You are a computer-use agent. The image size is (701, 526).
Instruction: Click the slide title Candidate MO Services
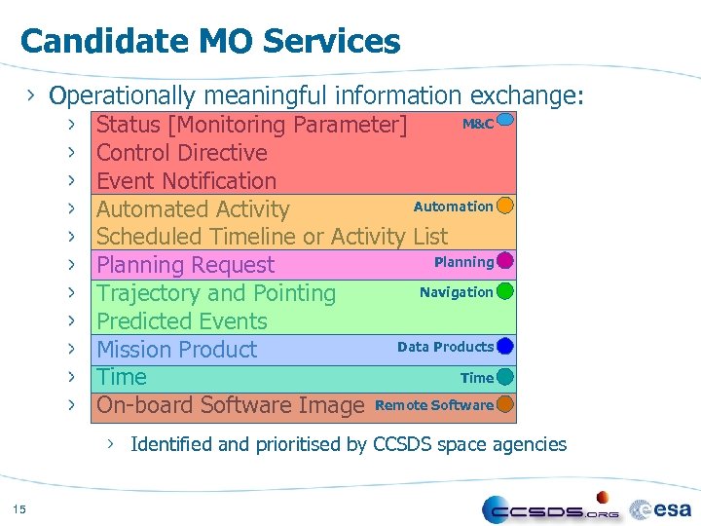click(x=209, y=41)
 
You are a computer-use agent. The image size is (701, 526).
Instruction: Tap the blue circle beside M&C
click(x=504, y=123)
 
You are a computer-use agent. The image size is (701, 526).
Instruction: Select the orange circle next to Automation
click(x=504, y=206)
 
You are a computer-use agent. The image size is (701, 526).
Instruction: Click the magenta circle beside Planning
click(x=504, y=261)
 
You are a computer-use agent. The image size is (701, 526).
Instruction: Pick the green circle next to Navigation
click(x=504, y=291)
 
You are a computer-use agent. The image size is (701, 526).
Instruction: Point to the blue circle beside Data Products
click(x=504, y=346)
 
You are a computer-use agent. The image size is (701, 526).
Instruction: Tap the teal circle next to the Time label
click(x=504, y=377)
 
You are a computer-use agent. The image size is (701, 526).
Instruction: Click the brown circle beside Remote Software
click(x=504, y=404)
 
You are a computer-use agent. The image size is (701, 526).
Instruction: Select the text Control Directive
click(x=182, y=153)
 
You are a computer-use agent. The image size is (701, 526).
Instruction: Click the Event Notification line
click(x=187, y=181)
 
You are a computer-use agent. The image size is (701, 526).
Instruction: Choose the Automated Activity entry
click(x=193, y=209)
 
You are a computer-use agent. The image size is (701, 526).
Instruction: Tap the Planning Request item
click(x=186, y=265)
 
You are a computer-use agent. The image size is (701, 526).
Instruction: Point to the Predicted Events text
click(x=182, y=321)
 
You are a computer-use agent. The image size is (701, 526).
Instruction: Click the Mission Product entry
click(x=177, y=350)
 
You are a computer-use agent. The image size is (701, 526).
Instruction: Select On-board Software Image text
click(x=231, y=405)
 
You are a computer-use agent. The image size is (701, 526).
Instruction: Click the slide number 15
click(x=19, y=507)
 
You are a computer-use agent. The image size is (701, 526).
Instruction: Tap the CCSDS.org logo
click(x=551, y=509)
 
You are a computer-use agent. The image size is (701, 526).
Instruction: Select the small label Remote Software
click(x=434, y=405)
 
